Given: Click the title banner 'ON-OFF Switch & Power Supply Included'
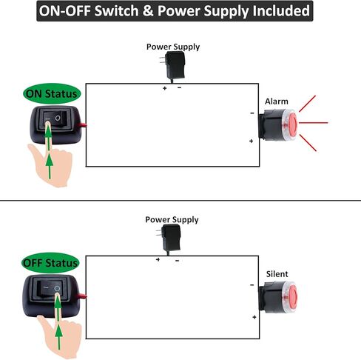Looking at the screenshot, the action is click(x=175, y=11).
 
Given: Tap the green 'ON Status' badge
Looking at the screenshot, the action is click(x=52, y=93).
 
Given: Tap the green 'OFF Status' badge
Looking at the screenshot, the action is click(x=50, y=263).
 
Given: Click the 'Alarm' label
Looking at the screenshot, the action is click(x=277, y=101).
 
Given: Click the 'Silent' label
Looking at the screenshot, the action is click(x=277, y=274).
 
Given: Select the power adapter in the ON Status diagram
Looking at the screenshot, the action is click(x=172, y=66).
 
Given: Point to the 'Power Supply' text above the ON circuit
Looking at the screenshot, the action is click(x=173, y=47).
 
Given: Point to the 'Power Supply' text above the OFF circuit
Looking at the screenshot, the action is click(x=172, y=219).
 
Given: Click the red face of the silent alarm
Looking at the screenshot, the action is click(x=293, y=297).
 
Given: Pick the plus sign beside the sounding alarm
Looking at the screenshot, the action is click(x=251, y=141).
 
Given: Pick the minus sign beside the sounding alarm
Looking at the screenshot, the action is click(x=252, y=113).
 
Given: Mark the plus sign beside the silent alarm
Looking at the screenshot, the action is click(x=254, y=317).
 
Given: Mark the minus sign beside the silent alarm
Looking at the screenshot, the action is click(x=252, y=285).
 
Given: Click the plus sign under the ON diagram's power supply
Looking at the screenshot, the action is click(x=165, y=88).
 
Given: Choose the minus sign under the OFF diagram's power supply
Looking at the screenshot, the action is click(x=177, y=261).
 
